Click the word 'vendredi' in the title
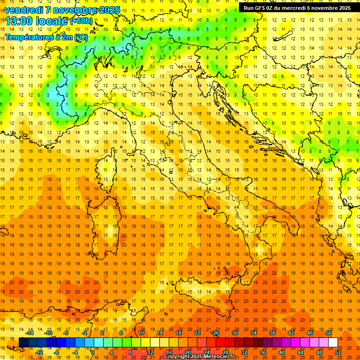pos(23,10)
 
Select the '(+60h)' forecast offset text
pos(81,21)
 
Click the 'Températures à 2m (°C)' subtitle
pos(46,37)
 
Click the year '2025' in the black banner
pos(343,8)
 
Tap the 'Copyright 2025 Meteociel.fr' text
pos(199,357)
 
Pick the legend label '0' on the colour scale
pos(93,352)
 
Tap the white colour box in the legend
pos(333,342)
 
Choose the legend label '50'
pos(329,333)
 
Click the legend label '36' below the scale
pos(263,352)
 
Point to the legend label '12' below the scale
pos(150,352)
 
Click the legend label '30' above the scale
pos(234,333)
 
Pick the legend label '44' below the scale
pos(300,352)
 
